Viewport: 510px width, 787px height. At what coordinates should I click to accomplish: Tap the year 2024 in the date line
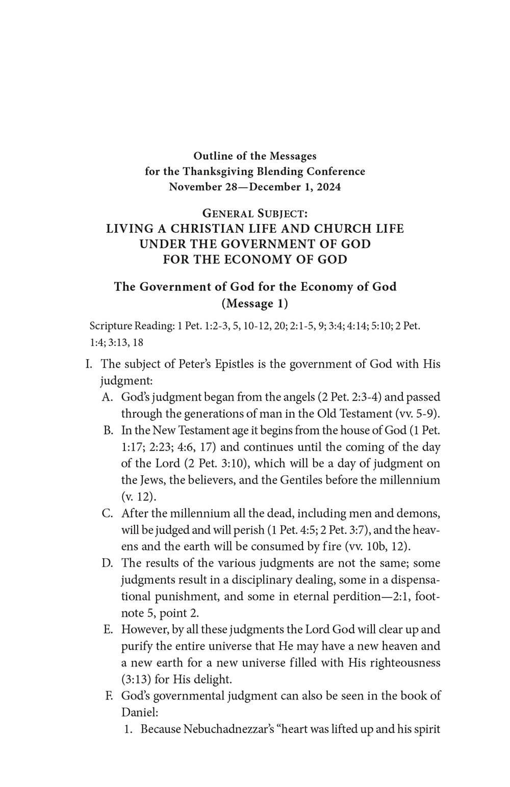(x=328, y=186)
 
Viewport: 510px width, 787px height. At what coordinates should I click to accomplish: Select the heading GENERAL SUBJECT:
(x=254, y=212)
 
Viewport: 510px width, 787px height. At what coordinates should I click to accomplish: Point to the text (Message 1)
(x=254, y=304)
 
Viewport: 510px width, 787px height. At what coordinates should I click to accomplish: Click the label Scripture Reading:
(x=132, y=325)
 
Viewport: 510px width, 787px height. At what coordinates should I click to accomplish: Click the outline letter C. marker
(x=108, y=513)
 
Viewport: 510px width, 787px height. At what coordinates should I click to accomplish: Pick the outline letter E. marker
(x=108, y=630)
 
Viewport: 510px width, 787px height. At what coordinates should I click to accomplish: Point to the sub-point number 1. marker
(x=129, y=729)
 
